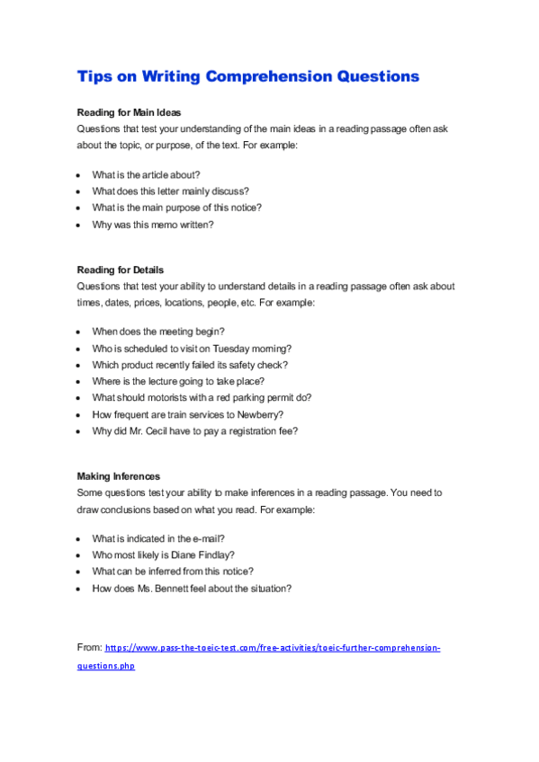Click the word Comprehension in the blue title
click(x=267, y=76)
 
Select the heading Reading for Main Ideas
click(x=129, y=113)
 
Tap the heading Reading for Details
click(x=120, y=270)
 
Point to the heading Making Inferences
click(x=118, y=476)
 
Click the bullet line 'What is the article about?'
click(x=146, y=174)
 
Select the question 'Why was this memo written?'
click(x=153, y=225)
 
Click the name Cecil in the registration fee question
click(x=163, y=430)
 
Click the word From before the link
click(x=89, y=647)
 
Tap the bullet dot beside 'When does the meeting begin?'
click(x=79, y=332)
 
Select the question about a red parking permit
click(x=202, y=397)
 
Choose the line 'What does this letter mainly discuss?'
click(x=170, y=191)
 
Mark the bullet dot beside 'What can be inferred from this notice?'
click(x=79, y=571)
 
